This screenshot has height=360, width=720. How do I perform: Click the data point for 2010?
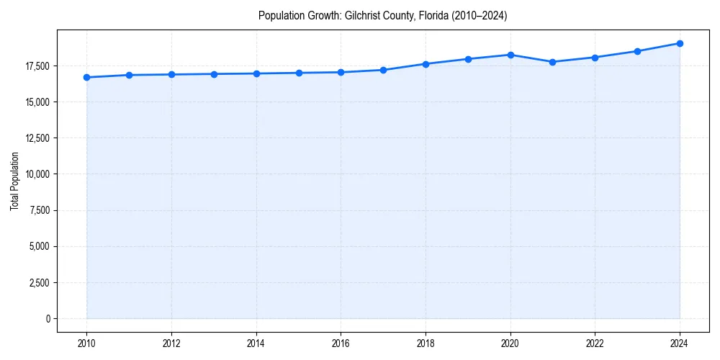86,77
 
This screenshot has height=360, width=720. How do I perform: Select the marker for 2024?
680,43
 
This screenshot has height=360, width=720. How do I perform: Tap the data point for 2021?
552,62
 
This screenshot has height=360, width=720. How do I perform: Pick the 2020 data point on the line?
510,55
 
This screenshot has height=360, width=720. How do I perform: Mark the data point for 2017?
383,70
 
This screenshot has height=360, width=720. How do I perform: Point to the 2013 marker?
214,74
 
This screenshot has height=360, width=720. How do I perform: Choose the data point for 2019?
468,59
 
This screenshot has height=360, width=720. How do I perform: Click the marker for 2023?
637,51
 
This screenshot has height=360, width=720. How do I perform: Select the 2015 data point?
299,73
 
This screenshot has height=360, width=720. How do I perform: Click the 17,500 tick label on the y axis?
37,66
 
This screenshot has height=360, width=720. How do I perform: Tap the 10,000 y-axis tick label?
37,174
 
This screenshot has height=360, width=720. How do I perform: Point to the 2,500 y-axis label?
40,282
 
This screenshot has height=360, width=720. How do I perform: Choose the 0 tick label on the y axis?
48,318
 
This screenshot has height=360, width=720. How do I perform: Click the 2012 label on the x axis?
171,343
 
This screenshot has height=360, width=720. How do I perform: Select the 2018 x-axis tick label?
426,343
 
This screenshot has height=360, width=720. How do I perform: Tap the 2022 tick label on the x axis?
595,343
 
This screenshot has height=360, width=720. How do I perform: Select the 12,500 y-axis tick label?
37,138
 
